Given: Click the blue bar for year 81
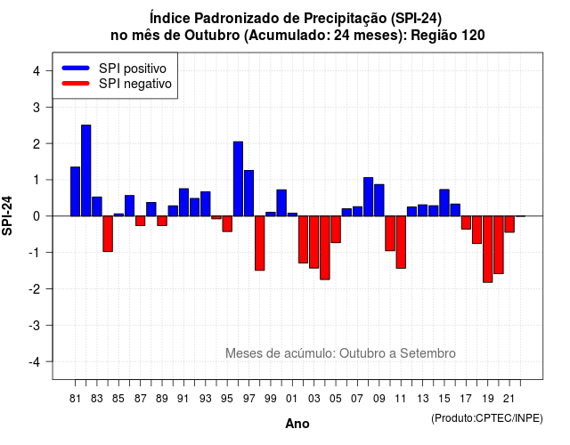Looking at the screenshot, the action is click(x=75, y=191).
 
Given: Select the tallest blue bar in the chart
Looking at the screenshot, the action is click(x=86, y=170).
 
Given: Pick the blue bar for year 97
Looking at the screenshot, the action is click(x=249, y=193).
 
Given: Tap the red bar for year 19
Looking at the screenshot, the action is click(x=488, y=249).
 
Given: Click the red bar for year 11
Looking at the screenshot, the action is click(x=401, y=242).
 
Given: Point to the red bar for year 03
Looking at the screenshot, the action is click(x=314, y=242).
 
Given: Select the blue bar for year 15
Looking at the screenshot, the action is click(x=444, y=203).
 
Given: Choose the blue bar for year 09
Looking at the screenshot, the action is click(x=379, y=200).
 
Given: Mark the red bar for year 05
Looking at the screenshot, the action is click(x=336, y=230).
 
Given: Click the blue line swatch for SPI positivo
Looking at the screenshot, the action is click(x=76, y=68).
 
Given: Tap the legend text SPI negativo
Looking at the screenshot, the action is click(x=135, y=84).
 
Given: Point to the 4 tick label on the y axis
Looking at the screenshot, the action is click(x=37, y=71).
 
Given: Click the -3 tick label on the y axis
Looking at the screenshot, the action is click(x=34, y=325).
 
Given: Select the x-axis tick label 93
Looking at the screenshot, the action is click(x=206, y=399).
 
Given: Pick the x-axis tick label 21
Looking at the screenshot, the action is click(x=509, y=399).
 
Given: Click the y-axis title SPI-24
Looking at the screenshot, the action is click(x=7, y=215).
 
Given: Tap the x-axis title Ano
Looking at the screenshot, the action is click(x=297, y=424).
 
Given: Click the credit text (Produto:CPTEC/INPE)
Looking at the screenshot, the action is click(x=487, y=418).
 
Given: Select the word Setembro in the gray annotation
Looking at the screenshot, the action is click(x=427, y=353).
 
